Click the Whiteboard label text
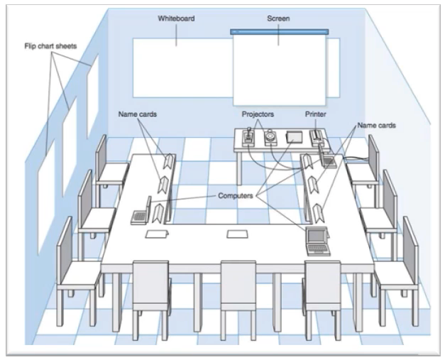pos(176,18)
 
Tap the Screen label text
pos(278,18)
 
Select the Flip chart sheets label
pos(50,46)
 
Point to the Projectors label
pos(258,114)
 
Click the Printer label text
pos(316,114)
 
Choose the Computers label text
pos(235,195)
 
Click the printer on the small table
pos(317,138)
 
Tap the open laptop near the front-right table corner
pos(317,241)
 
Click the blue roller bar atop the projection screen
pos(280,31)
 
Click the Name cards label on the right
pos(376,125)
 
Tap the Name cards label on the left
pos(138,114)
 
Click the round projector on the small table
pos(270,138)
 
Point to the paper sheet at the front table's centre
pos(238,234)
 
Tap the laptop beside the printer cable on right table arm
pos(329,160)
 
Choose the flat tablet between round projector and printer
pos(295,137)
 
